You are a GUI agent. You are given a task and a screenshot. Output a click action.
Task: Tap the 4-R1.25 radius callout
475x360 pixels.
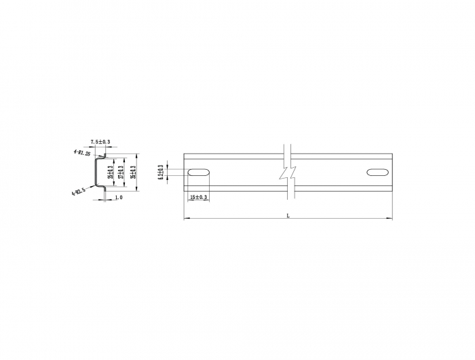(x=83, y=153)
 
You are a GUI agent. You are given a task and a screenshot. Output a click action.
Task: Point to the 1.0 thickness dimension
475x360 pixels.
(x=119, y=198)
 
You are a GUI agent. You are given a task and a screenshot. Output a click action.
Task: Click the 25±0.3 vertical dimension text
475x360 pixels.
(x=111, y=174)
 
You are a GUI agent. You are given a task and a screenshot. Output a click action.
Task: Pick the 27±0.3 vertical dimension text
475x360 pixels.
(x=121, y=174)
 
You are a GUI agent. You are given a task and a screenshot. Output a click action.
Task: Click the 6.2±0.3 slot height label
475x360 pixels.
(x=161, y=173)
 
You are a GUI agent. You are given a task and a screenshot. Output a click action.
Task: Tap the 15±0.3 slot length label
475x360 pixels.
(x=199, y=197)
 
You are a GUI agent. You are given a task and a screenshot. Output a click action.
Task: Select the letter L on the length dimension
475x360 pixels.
(x=288, y=215)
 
